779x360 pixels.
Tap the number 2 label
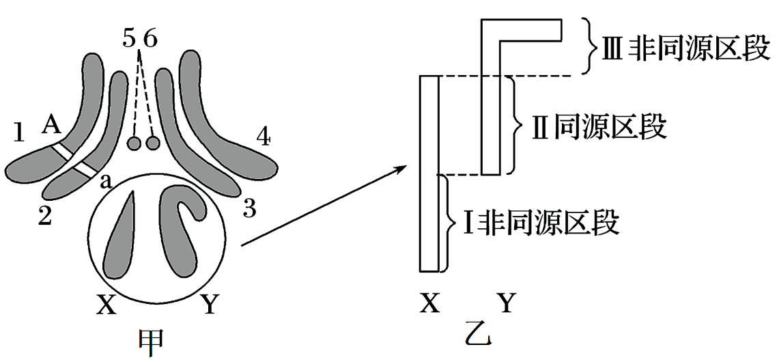click(x=44, y=216)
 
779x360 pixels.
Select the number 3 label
click(x=249, y=208)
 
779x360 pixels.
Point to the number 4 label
click(x=264, y=138)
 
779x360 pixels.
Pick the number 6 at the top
click(x=150, y=39)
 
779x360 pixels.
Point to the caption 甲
click(x=152, y=342)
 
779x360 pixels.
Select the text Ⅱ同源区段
click(x=598, y=126)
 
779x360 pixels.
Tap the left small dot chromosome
click(x=134, y=143)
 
